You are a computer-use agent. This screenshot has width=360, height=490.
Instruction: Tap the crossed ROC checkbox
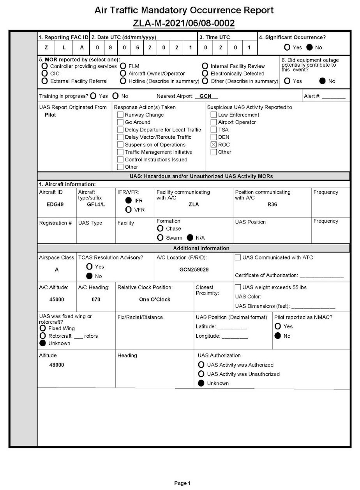[x=214, y=145]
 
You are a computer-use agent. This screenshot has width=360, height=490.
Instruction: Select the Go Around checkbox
[x=120, y=122]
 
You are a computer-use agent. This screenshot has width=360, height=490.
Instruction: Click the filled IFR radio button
[x=128, y=200]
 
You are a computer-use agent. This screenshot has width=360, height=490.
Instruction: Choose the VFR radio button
[x=128, y=210]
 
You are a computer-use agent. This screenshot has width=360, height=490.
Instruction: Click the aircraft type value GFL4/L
[x=96, y=204]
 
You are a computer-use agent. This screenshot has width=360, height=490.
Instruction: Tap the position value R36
[x=272, y=204]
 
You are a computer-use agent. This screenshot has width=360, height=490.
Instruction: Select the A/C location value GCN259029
[x=194, y=270]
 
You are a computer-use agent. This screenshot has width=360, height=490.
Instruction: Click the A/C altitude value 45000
[x=57, y=300]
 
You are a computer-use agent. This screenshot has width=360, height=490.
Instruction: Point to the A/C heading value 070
[x=96, y=300]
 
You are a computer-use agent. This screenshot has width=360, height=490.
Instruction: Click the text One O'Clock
[x=155, y=300]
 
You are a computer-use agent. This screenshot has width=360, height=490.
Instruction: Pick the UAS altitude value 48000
[x=57, y=365]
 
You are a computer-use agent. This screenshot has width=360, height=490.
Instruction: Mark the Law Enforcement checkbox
[x=214, y=115]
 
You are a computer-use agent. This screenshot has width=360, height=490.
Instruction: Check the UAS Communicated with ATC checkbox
[x=238, y=257]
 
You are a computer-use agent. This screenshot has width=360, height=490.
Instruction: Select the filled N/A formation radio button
[x=190, y=238]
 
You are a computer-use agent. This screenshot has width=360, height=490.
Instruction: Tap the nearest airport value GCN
[x=205, y=96]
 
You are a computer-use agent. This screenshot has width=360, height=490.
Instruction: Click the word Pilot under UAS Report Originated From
[x=51, y=115]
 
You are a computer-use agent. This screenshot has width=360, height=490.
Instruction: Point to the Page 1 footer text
[x=182, y=483]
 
